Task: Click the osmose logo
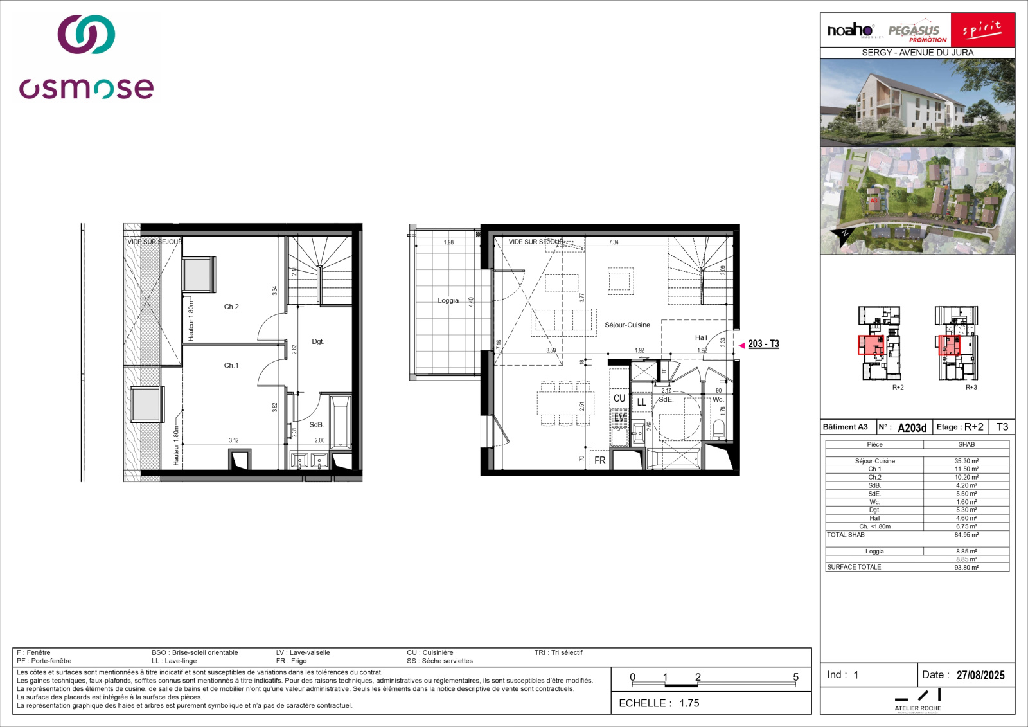[x=86, y=58]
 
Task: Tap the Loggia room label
[x=448, y=300]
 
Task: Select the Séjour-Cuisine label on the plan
[x=627, y=325]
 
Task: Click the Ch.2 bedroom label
[x=231, y=307]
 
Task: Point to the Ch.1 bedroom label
[x=231, y=366]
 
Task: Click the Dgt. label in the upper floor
[x=318, y=341]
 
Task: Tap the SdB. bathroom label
[x=316, y=425]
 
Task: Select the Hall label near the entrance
[x=701, y=337]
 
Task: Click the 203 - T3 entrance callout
[x=763, y=344]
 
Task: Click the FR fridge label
[x=599, y=461]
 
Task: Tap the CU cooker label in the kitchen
[x=619, y=399]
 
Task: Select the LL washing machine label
[x=641, y=402]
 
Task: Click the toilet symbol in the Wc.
[x=719, y=427]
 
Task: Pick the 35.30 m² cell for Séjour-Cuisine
[x=966, y=461]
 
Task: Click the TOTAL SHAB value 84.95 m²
[x=966, y=535]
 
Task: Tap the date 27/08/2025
[x=980, y=675]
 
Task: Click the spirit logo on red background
[x=982, y=30]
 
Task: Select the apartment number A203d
[x=912, y=427]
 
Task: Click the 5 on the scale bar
[x=795, y=677]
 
